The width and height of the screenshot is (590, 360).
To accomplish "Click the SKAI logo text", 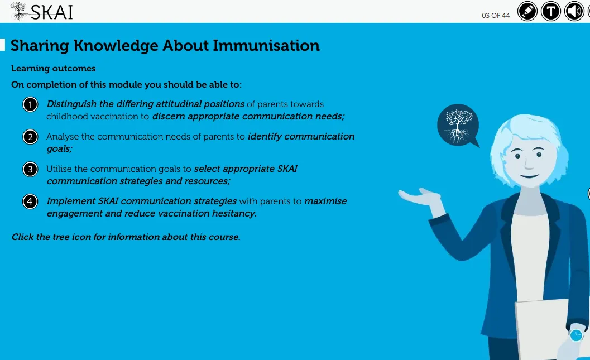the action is [x=51, y=12].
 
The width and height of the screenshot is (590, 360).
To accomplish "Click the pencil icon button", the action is [x=527, y=11].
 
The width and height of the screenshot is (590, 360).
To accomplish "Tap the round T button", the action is [x=550, y=11].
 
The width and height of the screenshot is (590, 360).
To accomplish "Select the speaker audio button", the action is [x=574, y=11].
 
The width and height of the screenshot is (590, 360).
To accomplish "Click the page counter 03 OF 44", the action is [x=496, y=16].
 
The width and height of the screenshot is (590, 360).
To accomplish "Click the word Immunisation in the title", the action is [x=266, y=46].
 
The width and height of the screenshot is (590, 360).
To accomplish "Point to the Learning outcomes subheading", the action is [x=54, y=69].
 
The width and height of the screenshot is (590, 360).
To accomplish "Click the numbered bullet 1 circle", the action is [x=30, y=104].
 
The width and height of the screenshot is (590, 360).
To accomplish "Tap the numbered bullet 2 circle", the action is [x=30, y=137].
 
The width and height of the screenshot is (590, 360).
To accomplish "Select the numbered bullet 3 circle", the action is [x=30, y=169].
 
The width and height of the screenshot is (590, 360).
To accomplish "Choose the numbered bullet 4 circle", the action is [x=30, y=201].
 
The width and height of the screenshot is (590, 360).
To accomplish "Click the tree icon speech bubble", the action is [x=458, y=125].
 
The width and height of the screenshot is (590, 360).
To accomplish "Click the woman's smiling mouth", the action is [x=529, y=176].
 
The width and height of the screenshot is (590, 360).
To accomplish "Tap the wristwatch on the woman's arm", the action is [x=576, y=335].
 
